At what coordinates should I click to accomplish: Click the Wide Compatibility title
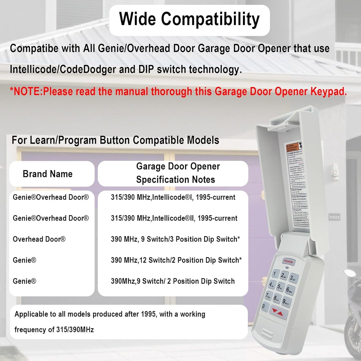(189, 19)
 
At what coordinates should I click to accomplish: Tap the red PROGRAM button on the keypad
(288, 262)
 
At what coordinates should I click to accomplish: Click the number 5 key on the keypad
(280, 286)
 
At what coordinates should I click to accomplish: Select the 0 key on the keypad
(264, 306)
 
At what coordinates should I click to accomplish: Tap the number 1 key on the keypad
(275, 273)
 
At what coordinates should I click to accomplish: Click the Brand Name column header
(47, 174)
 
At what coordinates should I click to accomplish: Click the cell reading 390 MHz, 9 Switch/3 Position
(175, 239)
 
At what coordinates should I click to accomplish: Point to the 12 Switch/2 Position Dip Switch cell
(176, 260)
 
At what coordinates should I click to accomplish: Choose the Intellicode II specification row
(174, 218)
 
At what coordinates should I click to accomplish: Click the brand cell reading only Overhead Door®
(39, 239)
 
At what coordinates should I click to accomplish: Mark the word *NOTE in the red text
(26, 92)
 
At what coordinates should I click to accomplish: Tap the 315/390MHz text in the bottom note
(75, 330)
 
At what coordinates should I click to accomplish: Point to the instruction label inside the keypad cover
(297, 185)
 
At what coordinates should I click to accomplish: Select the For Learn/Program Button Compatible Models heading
(115, 140)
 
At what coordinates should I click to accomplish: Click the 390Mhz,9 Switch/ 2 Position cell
(173, 281)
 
